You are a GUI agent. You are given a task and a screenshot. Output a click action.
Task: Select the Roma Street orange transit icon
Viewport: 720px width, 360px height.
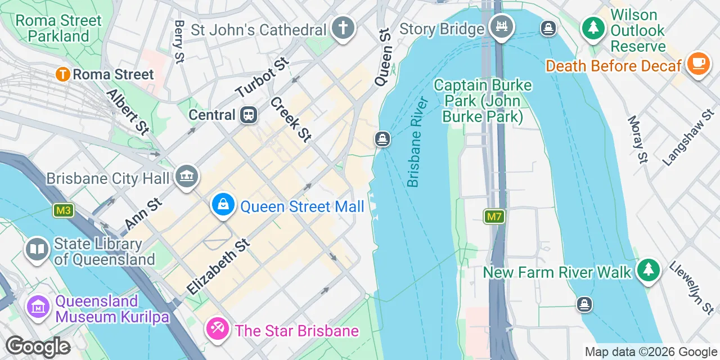[x=62, y=74]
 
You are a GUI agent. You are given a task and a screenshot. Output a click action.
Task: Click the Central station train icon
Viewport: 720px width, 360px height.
[x=248, y=115]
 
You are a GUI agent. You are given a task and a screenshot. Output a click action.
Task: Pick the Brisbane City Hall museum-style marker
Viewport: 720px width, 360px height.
[x=186, y=177]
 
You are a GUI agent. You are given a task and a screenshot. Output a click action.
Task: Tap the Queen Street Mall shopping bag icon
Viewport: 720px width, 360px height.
[x=223, y=205]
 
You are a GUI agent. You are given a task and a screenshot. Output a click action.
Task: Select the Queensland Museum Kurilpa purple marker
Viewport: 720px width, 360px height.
[x=38, y=307]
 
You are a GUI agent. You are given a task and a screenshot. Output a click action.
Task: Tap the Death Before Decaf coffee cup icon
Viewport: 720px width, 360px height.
[x=698, y=64]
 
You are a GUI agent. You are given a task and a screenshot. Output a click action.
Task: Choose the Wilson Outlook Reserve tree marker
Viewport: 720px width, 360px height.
[x=592, y=28]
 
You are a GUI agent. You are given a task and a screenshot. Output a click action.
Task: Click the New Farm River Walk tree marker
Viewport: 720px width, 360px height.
[x=649, y=271]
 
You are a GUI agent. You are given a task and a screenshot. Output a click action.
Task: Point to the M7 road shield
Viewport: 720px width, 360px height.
[x=493, y=216]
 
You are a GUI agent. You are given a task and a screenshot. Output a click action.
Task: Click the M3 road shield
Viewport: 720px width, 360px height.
[x=63, y=210]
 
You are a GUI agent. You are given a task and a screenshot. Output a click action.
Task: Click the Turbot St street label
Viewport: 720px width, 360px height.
[x=262, y=77]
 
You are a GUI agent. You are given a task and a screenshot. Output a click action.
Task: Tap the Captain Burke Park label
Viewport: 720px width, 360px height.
[x=483, y=101]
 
